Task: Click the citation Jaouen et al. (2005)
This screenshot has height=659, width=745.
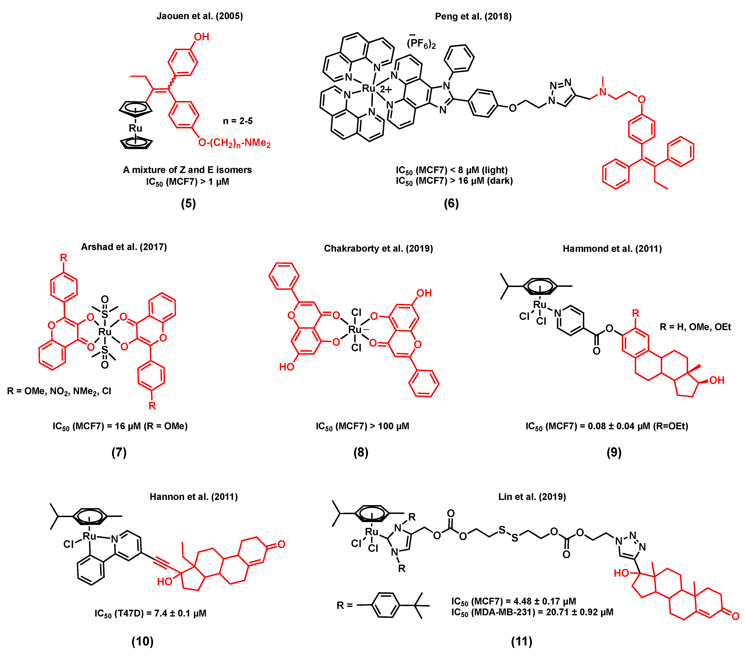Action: coord(200,16)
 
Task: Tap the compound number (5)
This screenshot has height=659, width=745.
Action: coord(188,203)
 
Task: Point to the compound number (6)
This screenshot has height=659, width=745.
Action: coord(451,203)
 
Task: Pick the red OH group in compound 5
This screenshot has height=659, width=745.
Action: coord(201,37)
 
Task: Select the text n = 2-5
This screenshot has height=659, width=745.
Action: coord(238,121)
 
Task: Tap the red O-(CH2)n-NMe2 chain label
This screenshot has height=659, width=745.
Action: coord(234,143)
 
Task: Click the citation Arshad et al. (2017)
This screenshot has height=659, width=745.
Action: coord(124,247)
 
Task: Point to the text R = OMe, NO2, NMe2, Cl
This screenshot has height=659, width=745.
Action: coord(59,391)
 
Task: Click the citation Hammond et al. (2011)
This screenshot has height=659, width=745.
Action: coord(612,249)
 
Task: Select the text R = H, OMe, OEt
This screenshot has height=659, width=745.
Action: coord(695,327)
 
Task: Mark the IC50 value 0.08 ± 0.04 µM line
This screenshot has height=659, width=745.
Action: coord(607,426)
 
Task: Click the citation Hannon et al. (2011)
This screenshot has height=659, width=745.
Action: coord(193,497)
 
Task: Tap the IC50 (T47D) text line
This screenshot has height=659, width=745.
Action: coord(150,613)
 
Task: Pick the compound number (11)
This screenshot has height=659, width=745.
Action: coord(522,641)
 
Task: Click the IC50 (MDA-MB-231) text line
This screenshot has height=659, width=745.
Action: coord(532,612)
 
